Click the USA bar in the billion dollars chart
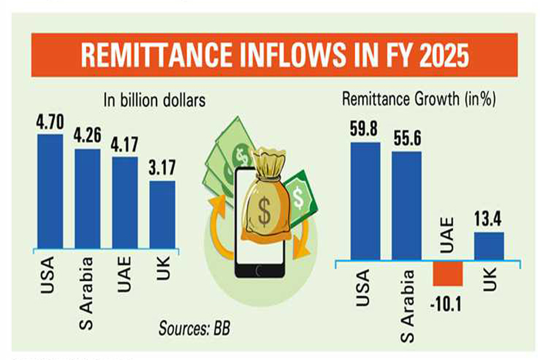(50, 191)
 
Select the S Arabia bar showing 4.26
(88, 198)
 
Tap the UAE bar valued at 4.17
(125, 202)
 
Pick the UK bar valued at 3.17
(162, 214)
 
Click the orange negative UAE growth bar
(448, 274)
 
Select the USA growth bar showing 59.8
(365, 201)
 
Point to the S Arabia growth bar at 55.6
(406, 206)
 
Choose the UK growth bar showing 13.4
(489, 246)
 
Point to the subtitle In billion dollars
(154, 100)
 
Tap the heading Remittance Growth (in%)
(418, 100)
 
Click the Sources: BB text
(194, 328)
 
